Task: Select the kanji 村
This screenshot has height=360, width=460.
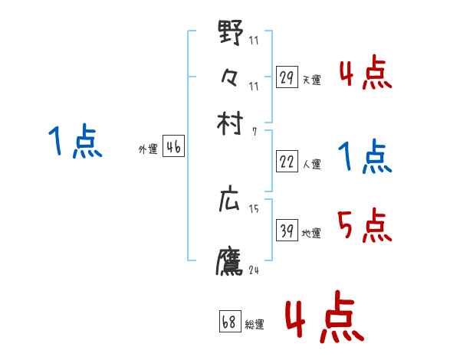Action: click(x=230, y=123)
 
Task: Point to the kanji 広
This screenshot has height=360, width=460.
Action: click(x=230, y=201)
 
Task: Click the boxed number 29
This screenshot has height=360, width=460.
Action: click(x=287, y=77)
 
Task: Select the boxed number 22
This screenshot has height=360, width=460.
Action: click(x=287, y=162)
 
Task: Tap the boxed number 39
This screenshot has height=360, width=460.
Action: click(x=287, y=231)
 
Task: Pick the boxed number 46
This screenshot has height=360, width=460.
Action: click(x=173, y=148)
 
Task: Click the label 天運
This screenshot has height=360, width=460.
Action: click(x=311, y=80)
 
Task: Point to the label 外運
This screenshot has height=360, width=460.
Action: click(x=148, y=150)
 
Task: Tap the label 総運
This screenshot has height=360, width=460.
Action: click(x=255, y=324)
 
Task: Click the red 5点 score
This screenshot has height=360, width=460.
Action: click(x=365, y=227)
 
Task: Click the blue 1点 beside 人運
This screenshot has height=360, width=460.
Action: click(x=365, y=157)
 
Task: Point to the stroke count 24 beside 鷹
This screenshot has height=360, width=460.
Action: click(x=254, y=270)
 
